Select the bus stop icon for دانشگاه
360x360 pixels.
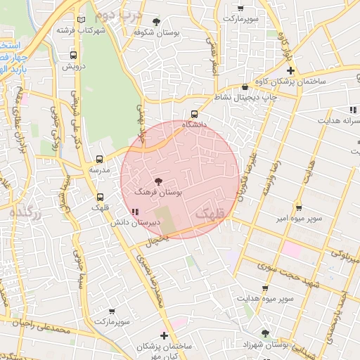click(195, 115)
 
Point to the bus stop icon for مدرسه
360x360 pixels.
click(99, 160)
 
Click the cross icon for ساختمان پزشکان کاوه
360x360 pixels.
click(290, 71)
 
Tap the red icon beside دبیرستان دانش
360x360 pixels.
click(134, 212)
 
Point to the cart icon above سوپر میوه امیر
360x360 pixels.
click(299, 208)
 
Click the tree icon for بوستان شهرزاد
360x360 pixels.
click(265, 333)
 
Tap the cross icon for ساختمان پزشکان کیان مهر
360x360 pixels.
click(165, 336)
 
